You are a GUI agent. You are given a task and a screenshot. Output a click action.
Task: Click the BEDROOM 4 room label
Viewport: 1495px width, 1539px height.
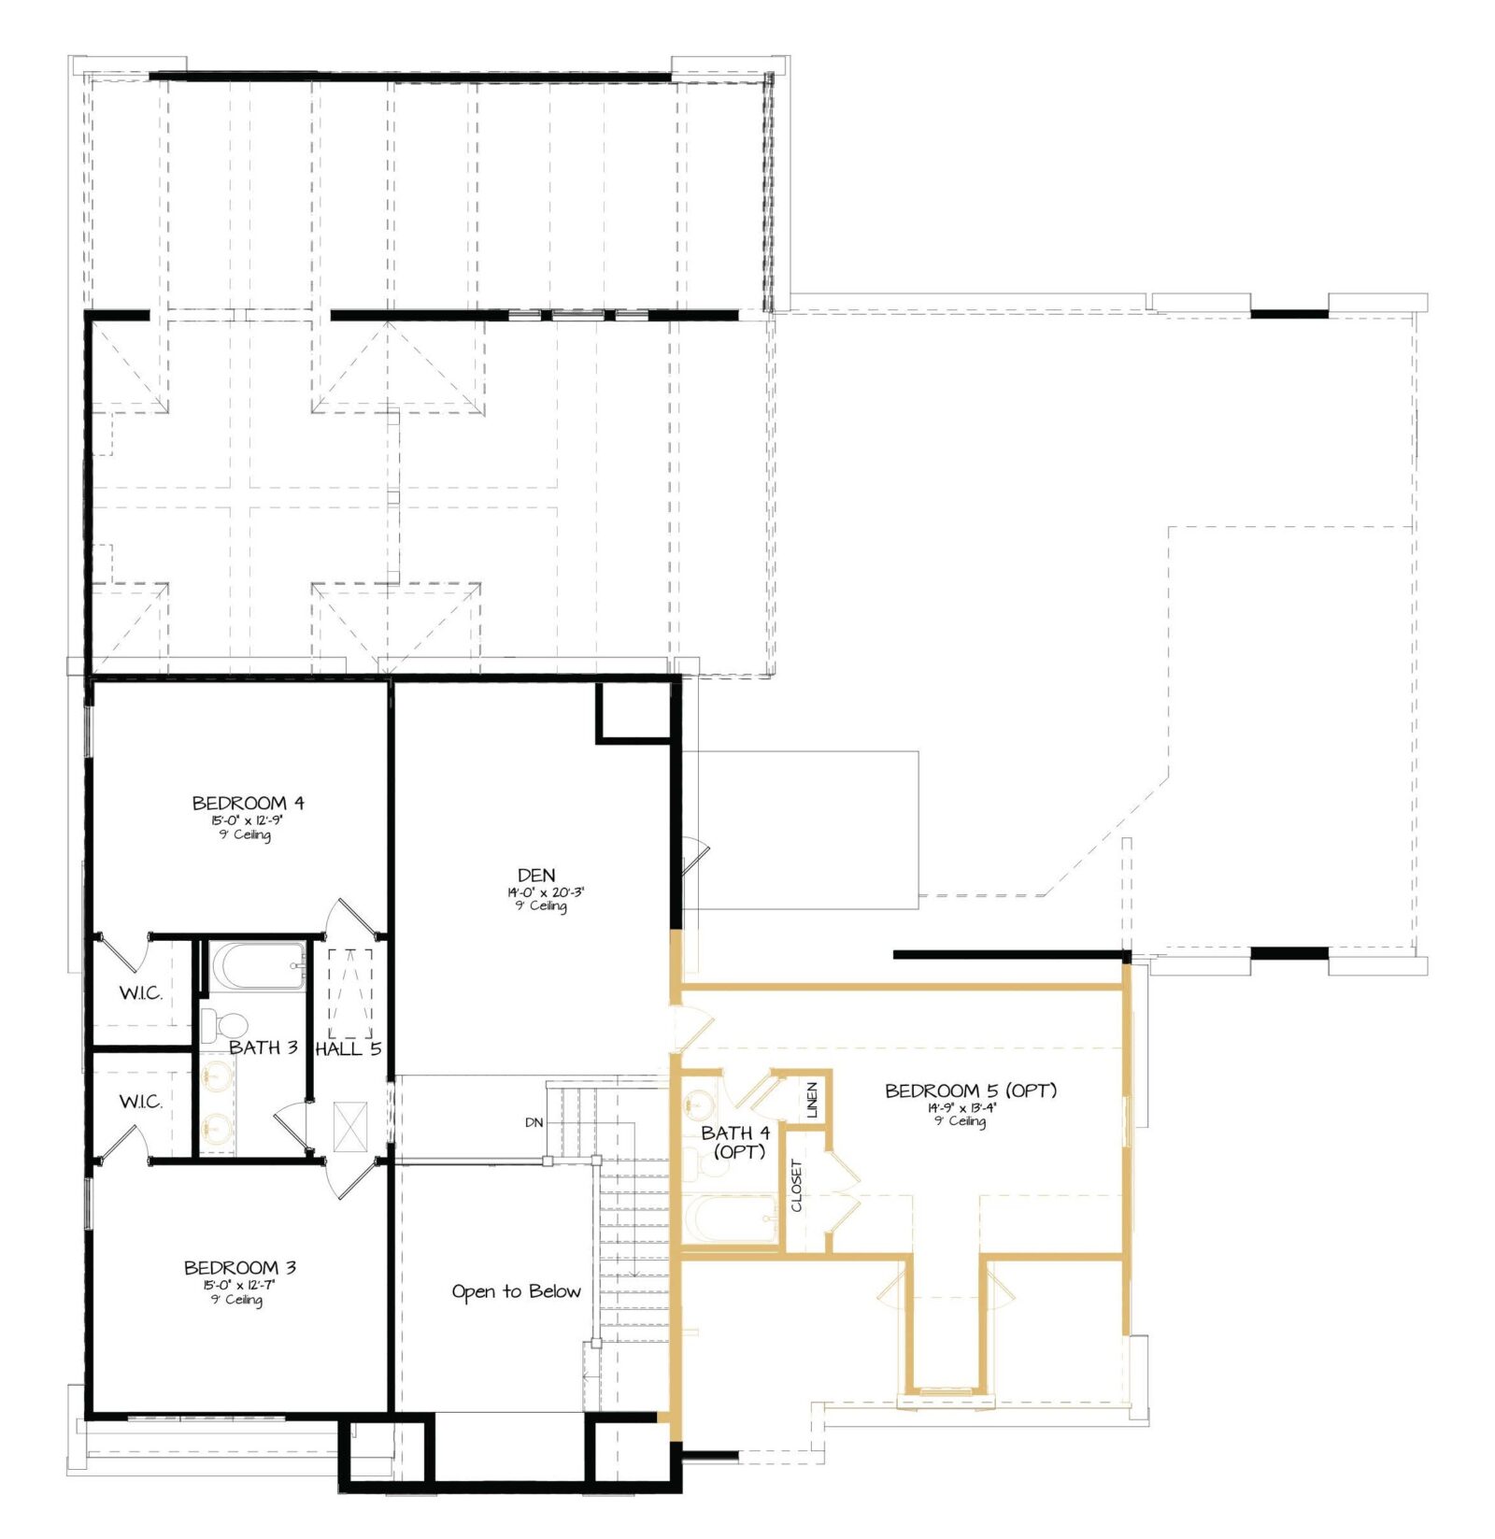click(248, 803)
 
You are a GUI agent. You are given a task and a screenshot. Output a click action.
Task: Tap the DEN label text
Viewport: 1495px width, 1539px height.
click(536, 875)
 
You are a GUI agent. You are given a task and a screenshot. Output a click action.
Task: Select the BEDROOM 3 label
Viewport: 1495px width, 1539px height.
click(240, 1268)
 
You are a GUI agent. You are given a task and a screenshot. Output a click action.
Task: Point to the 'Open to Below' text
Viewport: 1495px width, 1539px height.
click(516, 1291)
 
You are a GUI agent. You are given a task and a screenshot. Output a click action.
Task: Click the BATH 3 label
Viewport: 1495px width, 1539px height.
click(263, 1047)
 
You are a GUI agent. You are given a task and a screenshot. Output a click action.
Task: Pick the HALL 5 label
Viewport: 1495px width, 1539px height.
click(348, 1048)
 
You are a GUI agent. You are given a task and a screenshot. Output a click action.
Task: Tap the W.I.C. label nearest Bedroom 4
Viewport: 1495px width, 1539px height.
click(140, 992)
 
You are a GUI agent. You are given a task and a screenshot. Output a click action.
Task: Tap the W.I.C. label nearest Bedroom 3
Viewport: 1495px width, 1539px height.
click(140, 1102)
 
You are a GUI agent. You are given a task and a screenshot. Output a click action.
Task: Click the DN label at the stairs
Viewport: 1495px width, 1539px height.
click(534, 1122)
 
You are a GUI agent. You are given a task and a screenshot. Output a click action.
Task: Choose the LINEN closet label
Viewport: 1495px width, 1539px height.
click(811, 1100)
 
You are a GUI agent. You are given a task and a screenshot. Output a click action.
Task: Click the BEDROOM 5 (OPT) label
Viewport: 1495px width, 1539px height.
click(970, 1090)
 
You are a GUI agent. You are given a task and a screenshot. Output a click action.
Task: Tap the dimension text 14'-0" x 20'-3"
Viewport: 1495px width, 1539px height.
click(540, 892)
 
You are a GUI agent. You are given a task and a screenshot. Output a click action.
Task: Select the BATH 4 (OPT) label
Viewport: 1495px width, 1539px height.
click(736, 1142)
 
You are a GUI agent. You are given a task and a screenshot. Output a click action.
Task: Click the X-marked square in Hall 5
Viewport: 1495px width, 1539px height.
click(350, 1127)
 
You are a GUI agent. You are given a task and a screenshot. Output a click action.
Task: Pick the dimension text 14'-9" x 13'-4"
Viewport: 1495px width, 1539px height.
click(961, 1107)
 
